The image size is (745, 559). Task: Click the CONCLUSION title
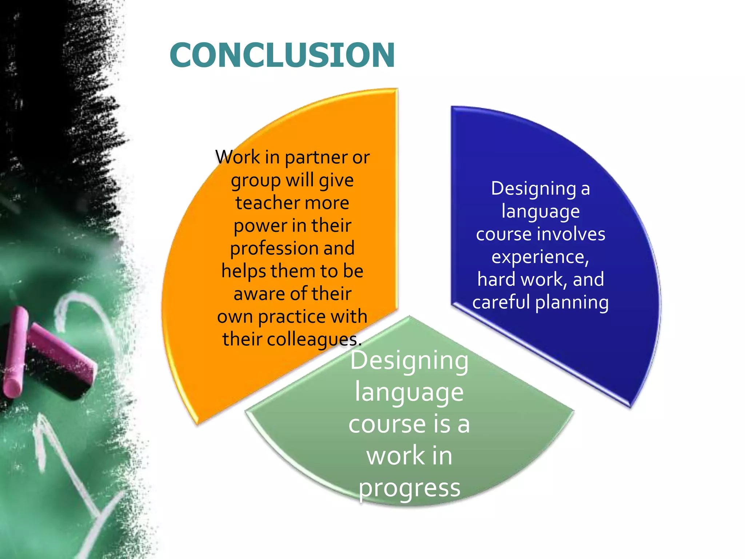click(x=282, y=55)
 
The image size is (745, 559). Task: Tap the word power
click(x=257, y=226)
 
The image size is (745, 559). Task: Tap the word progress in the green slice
click(x=410, y=489)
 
